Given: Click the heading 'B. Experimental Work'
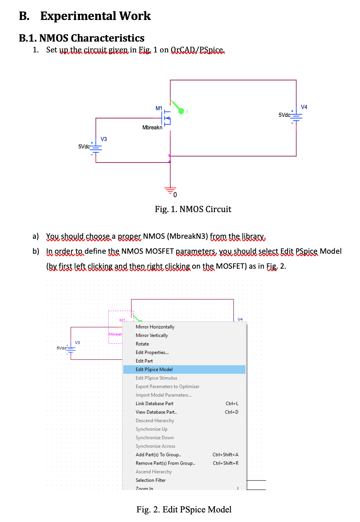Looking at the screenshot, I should (x=85, y=16).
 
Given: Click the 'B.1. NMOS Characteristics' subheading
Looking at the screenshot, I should (x=82, y=38).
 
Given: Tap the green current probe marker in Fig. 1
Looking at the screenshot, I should (x=181, y=111).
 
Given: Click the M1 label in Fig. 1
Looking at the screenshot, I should (x=159, y=108).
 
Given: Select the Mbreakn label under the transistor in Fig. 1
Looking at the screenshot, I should (x=152, y=128).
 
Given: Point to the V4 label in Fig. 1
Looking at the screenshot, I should (x=304, y=107).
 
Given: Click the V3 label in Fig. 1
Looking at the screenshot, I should (x=104, y=139).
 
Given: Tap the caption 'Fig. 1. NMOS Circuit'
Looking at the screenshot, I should (x=193, y=209).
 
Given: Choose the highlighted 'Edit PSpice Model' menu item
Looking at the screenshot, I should (x=154, y=369).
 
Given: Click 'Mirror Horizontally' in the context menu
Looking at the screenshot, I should (x=155, y=327).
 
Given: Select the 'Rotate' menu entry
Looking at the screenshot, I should (x=142, y=344).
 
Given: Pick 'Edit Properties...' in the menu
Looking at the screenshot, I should (x=152, y=352).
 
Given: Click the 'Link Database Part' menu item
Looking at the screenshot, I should (x=154, y=403).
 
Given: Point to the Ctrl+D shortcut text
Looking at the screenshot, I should (x=232, y=412).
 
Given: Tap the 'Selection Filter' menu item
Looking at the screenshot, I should (x=150, y=480).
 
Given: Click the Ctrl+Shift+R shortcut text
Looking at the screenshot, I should (x=226, y=463).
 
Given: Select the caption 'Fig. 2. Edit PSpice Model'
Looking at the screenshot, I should (x=184, y=510).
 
